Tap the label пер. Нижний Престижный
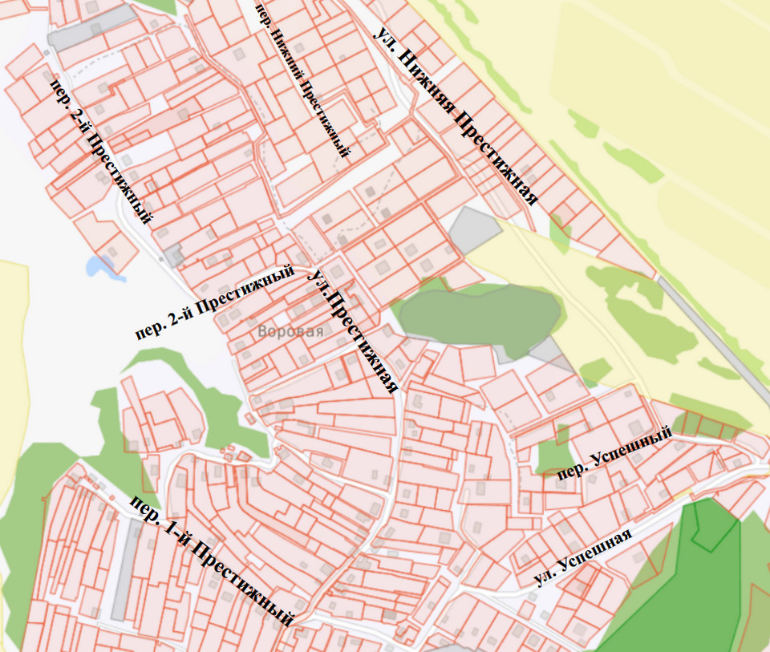click(302, 80)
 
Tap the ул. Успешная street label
click(583, 558)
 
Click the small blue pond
click(102, 266)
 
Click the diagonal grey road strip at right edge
click(711, 329)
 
